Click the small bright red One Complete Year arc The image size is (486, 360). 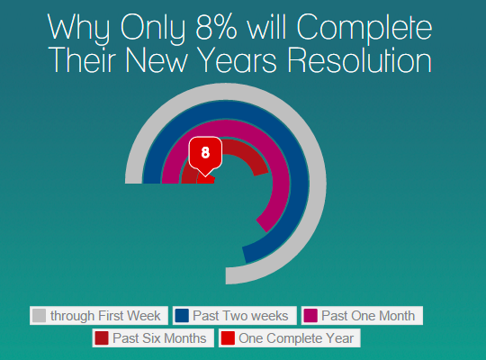click(x=206, y=180)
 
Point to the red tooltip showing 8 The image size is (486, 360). click(x=205, y=155)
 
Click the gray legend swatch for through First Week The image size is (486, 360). click(x=39, y=316)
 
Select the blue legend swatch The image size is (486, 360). click(x=182, y=316)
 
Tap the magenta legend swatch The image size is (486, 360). click(x=310, y=316)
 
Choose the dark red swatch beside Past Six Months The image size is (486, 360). click(x=102, y=338)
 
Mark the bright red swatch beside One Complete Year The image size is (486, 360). click(x=228, y=338)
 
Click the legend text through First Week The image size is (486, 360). click(x=105, y=316)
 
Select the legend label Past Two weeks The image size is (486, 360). click(x=240, y=316)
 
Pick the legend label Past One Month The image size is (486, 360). click(x=368, y=316)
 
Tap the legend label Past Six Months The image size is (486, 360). click(x=159, y=338)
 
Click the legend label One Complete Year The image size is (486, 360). click(x=296, y=338)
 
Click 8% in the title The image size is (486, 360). click(x=217, y=27)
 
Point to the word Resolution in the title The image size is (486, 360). click(x=360, y=60)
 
